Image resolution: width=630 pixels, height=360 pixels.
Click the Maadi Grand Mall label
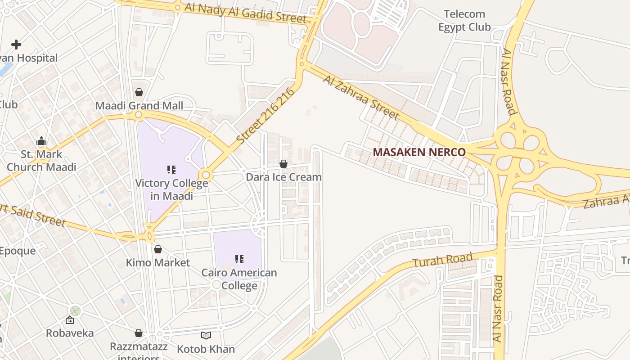[x=139, y=106]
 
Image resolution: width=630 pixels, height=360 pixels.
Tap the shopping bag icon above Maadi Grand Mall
[x=139, y=92]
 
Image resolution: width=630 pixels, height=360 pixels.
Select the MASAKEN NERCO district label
[x=419, y=152]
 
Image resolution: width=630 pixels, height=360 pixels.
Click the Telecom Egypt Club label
[x=464, y=21]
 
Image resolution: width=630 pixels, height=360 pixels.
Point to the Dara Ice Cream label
[x=283, y=177]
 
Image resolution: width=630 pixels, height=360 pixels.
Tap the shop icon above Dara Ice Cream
[x=283, y=164]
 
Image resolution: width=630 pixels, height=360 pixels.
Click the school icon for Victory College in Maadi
[x=171, y=170]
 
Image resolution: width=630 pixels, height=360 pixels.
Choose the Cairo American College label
[x=239, y=279]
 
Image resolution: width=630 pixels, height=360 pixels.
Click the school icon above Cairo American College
[x=239, y=259]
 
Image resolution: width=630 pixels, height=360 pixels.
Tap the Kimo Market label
[x=158, y=262]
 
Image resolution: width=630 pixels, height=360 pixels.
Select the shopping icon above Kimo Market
[x=158, y=249]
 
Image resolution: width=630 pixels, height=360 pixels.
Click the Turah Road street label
[x=443, y=260]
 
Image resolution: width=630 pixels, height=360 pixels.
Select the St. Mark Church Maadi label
[x=41, y=161]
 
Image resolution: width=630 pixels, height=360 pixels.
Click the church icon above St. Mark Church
[x=41, y=141]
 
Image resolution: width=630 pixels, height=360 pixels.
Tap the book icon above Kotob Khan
[x=206, y=335]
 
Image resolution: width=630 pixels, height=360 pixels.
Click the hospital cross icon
[x=16, y=44]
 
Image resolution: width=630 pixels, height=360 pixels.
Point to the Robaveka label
[x=70, y=333]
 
